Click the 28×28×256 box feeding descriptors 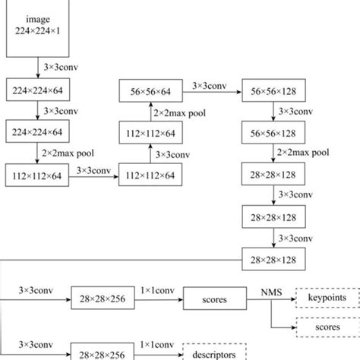[x=99, y=352]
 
